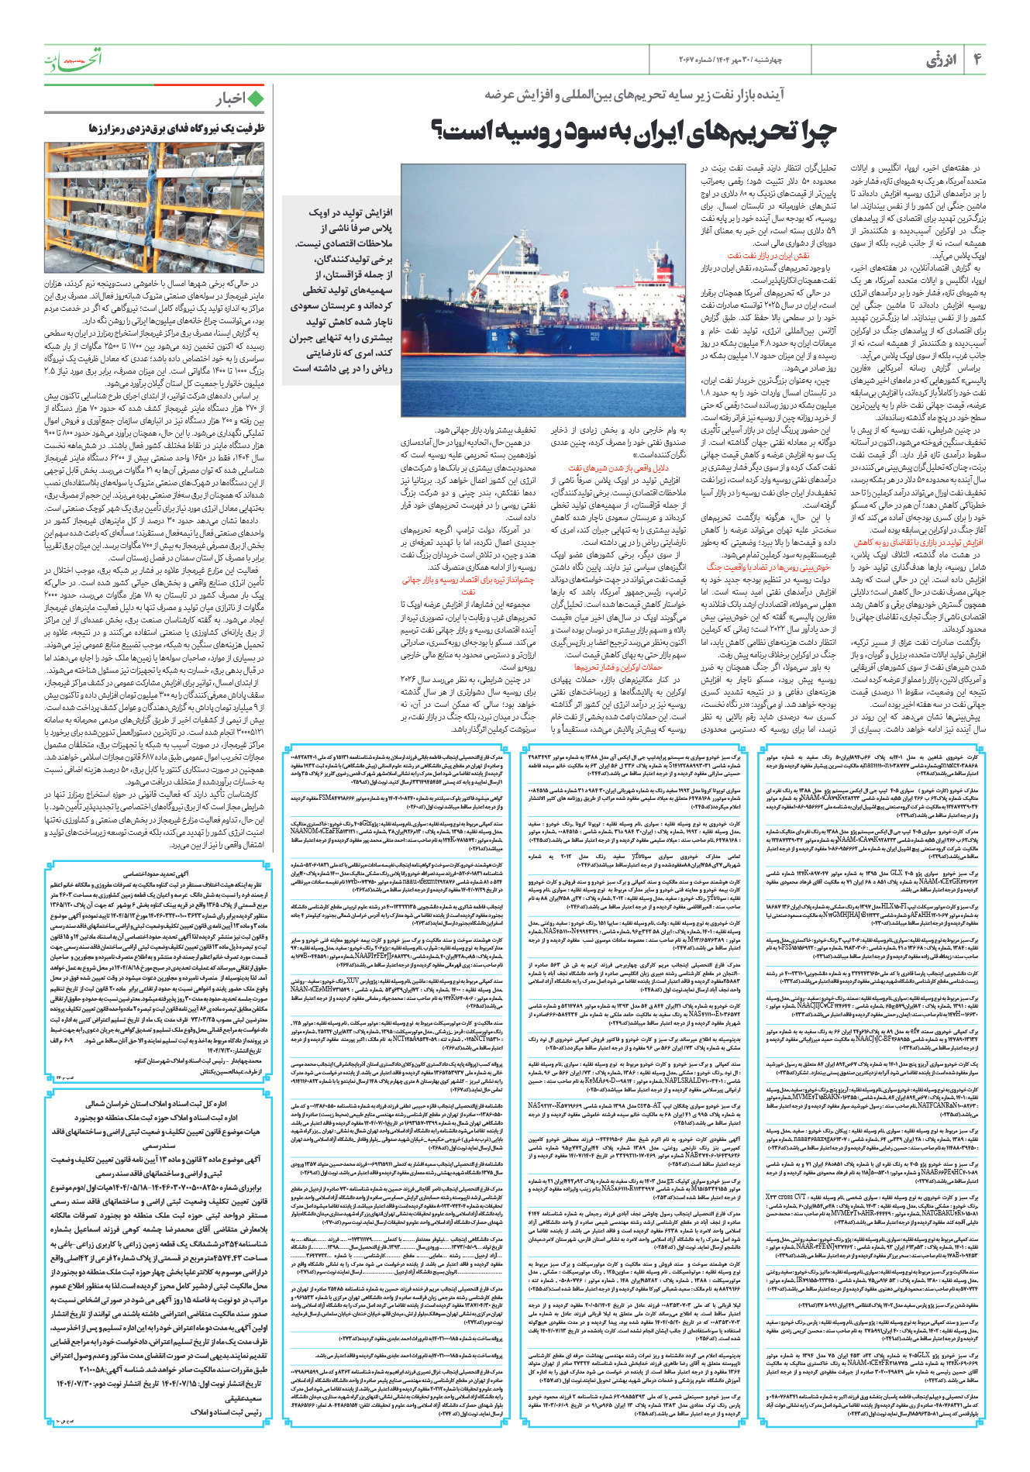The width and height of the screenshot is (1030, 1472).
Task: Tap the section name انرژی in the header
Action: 941,60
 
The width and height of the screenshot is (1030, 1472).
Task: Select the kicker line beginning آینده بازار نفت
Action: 635,95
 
